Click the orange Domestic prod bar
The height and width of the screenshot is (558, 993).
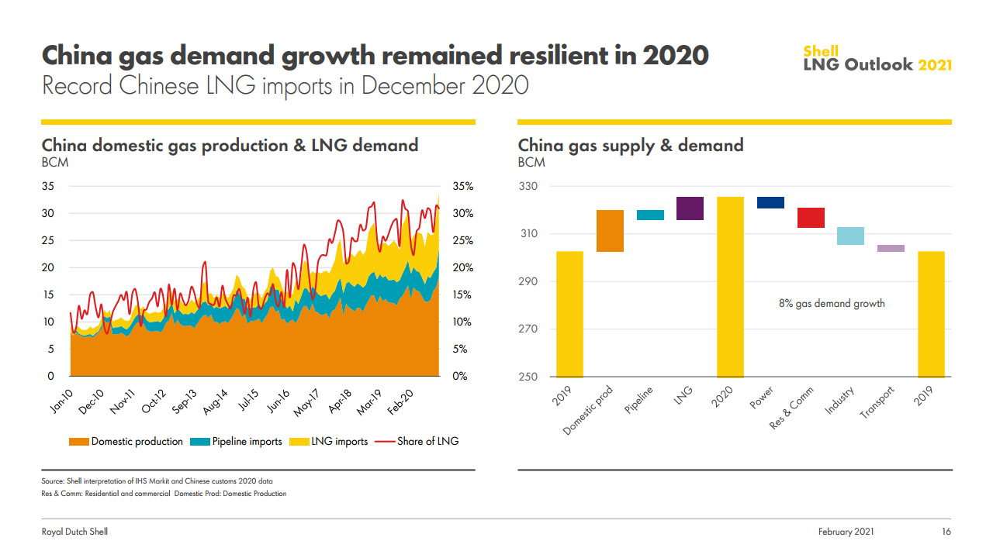[610, 231]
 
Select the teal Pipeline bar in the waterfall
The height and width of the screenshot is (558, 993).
[650, 215]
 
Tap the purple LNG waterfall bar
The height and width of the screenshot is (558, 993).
[690, 208]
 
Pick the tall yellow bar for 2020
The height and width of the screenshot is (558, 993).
[730, 287]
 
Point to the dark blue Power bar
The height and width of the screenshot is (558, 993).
[770, 202]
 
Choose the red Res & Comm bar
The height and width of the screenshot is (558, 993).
[811, 218]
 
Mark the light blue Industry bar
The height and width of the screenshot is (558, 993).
[851, 236]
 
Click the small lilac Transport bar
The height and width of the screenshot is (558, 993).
[891, 248]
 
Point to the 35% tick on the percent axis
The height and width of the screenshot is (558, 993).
[462, 187]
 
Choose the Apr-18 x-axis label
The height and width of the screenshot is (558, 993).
[341, 397]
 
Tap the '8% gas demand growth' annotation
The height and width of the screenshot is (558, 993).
[832, 304]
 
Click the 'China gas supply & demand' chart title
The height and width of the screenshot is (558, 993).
[630, 145]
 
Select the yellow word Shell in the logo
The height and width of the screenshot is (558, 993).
[821, 52]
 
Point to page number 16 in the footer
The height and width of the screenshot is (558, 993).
[946, 532]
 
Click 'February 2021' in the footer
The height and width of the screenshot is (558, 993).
[846, 532]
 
